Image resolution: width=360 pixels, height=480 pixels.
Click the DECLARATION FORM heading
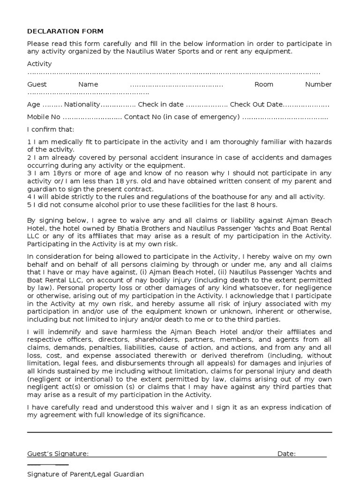65,31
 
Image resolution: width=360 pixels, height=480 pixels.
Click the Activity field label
39,64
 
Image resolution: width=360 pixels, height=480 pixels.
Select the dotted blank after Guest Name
176,85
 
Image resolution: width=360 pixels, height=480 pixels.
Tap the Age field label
33,104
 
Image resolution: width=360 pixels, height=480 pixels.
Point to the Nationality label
82,104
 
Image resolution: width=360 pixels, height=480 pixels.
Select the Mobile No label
44,117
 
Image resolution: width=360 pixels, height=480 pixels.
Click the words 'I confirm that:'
51,129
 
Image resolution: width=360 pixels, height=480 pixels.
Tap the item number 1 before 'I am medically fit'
29,142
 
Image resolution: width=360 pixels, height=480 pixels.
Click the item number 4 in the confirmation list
29,197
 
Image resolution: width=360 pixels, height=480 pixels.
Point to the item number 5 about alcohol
29,204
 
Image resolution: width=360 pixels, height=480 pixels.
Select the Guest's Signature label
58,454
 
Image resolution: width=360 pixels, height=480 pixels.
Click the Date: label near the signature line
286,454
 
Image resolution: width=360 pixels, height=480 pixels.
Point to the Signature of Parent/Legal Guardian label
85,474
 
